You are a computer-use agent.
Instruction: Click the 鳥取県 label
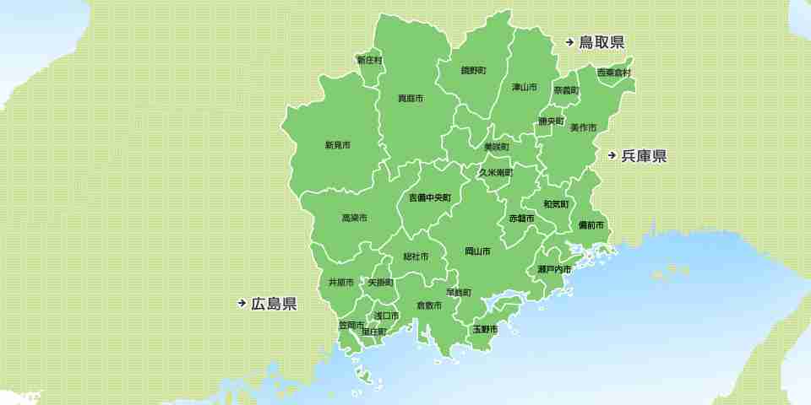[601, 42]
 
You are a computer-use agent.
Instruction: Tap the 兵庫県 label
[644, 156]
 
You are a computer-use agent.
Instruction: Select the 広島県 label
[274, 304]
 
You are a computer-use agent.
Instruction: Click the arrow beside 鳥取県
[570, 42]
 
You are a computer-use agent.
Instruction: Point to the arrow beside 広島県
[242, 304]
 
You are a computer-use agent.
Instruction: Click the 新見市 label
[338, 145]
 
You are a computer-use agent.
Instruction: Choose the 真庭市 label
[411, 99]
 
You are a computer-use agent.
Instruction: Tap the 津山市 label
[525, 87]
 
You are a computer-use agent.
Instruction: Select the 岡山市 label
[477, 251]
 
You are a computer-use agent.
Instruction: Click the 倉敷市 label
[429, 305]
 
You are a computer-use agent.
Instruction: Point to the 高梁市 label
[354, 218]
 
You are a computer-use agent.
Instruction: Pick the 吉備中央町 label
[430, 197]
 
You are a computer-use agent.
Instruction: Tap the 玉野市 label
[485, 328]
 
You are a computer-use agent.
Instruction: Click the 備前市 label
[591, 225]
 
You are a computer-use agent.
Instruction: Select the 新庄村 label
[369, 61]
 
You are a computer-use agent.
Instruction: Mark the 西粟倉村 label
[614, 73]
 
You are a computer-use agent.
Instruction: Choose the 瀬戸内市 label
[554, 269]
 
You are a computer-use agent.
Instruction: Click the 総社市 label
[416, 256]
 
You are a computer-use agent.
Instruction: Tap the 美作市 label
[583, 127]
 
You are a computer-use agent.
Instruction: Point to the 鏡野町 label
[473, 70]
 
